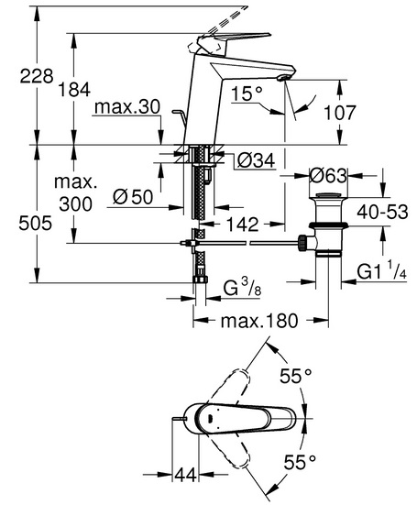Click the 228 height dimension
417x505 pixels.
coord(37,77)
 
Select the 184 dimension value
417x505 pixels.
coord(74,90)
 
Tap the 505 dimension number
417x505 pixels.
coord(36,224)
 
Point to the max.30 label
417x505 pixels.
coord(127,107)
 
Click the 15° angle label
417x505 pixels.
coord(247,93)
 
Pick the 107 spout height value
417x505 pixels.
coord(339,113)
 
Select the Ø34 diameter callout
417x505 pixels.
coord(257,160)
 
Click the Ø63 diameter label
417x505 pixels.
coord(328,176)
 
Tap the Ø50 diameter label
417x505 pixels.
coord(133,196)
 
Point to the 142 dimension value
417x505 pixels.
coord(243,225)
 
